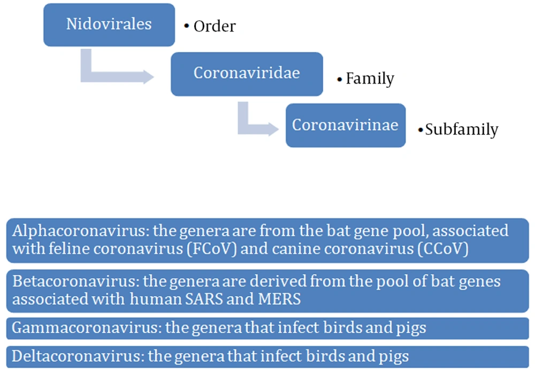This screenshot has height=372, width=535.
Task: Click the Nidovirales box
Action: click(109, 25)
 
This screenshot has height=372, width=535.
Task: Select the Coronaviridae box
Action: click(247, 74)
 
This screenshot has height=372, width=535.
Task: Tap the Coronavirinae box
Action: click(346, 125)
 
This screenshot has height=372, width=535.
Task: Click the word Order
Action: click(215, 26)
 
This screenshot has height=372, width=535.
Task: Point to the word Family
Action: click(370, 79)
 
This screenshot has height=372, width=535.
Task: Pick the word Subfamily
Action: click(462, 130)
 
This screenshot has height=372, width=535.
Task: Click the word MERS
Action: click(279, 299)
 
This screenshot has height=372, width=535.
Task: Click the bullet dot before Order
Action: click(186, 26)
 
